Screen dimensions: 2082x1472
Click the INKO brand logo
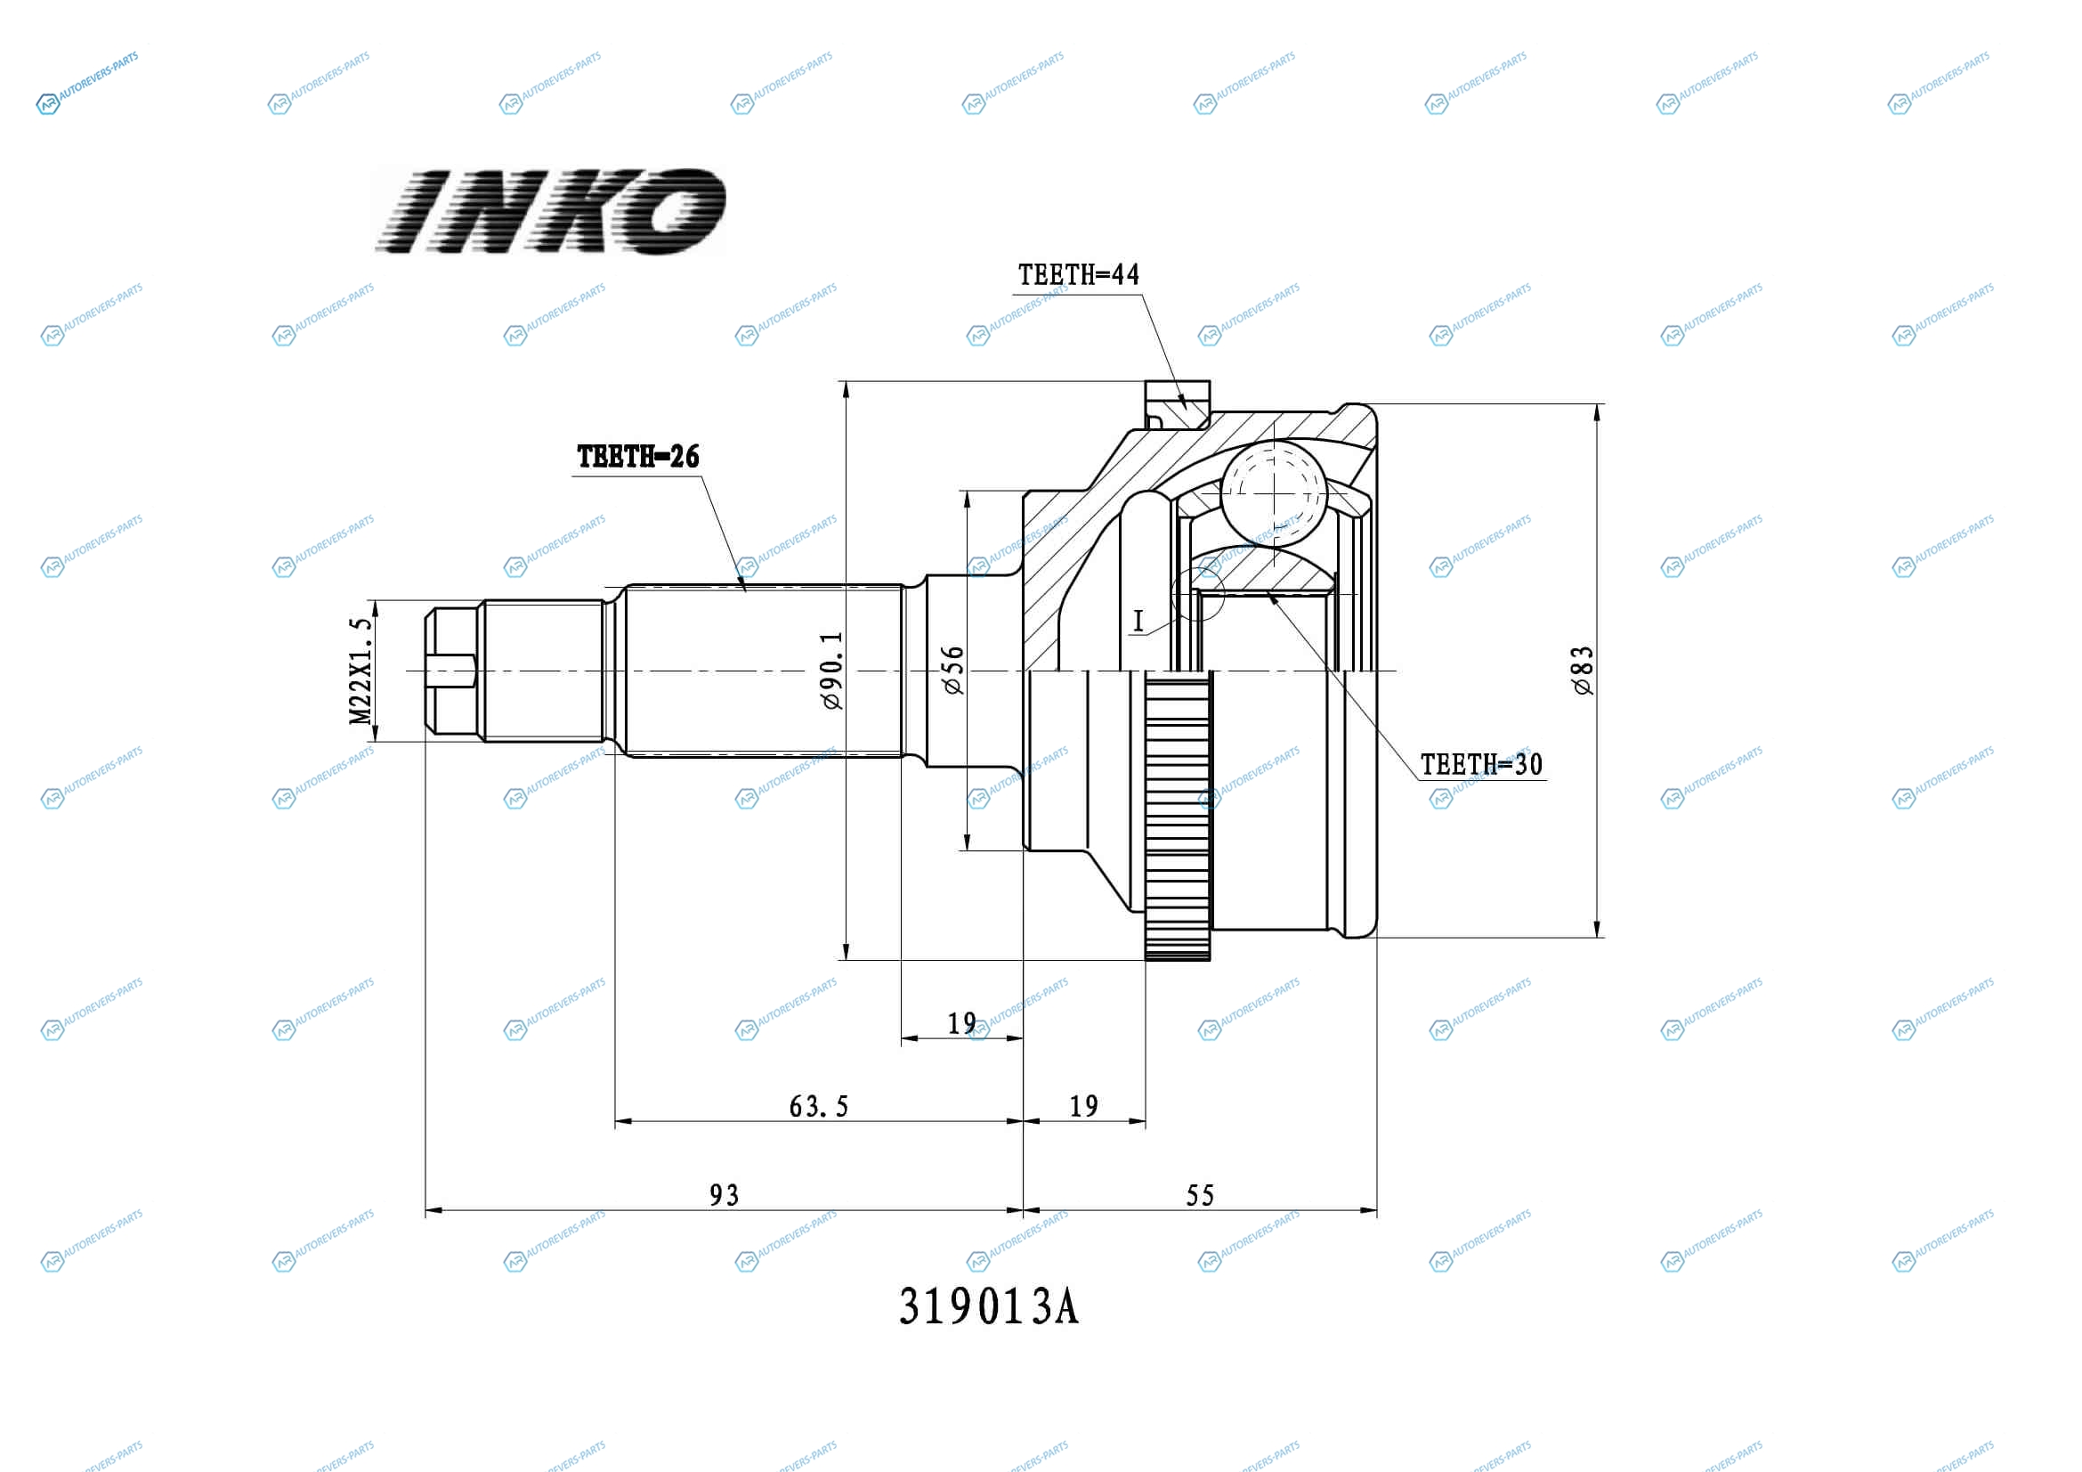[x=550, y=210]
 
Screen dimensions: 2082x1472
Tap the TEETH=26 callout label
[x=638, y=456]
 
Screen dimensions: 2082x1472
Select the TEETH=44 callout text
[x=1078, y=275]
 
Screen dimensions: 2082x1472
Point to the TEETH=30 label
[x=1482, y=765]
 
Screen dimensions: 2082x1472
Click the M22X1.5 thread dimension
[x=361, y=671]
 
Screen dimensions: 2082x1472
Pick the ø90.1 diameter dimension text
[x=831, y=671]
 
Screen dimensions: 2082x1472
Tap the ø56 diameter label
[x=953, y=671]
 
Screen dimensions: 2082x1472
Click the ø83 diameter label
[x=1583, y=671]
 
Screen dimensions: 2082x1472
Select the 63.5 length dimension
[x=818, y=1107]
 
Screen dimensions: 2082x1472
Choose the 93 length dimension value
[x=724, y=1195]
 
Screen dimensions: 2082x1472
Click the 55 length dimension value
[x=1200, y=1195]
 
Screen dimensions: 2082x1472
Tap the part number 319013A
[x=988, y=1307]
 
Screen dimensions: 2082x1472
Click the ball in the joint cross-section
[x=1274, y=493]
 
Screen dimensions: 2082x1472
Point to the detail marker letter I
[x=1139, y=622]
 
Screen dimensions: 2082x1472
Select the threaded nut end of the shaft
[x=451, y=671]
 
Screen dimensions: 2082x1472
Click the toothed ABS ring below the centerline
[x=1178, y=816]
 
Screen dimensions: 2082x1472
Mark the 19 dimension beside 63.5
[x=1083, y=1107]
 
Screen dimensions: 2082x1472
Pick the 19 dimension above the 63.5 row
[x=962, y=1024]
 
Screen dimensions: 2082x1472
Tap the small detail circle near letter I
[x=1198, y=595]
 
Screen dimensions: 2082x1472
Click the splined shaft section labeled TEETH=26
[x=765, y=671]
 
